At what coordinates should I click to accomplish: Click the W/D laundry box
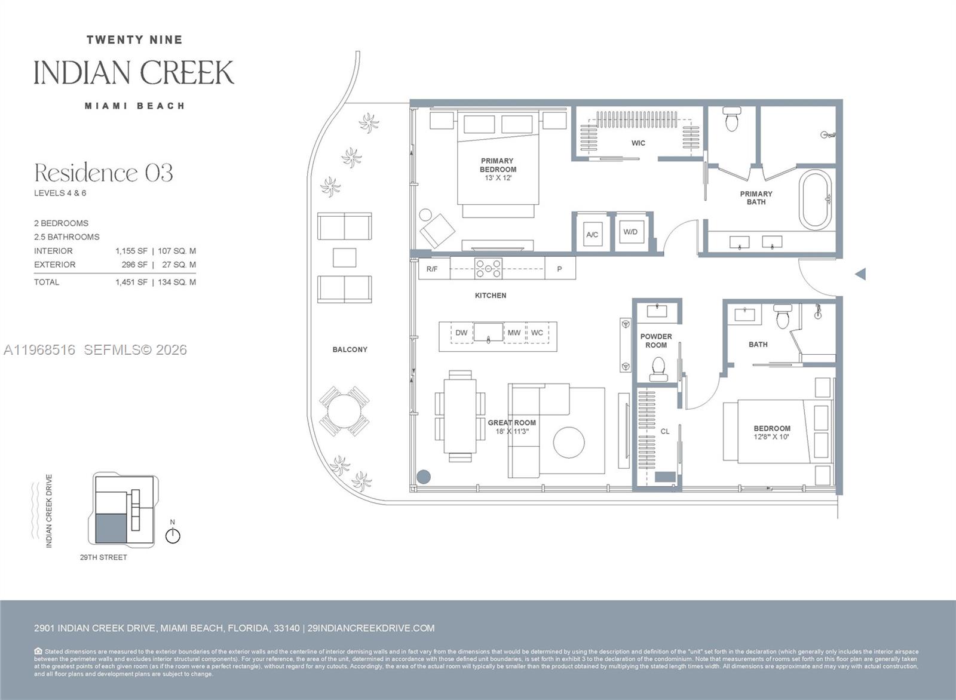630,232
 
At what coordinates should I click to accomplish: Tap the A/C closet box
592,234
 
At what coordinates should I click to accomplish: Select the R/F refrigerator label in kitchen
431,269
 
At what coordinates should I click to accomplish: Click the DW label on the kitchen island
461,333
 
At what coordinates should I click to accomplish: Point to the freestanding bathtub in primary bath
816,200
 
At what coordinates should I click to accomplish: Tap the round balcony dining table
344,411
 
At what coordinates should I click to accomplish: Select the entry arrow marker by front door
860,274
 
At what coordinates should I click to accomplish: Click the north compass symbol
173,535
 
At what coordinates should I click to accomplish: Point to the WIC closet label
638,143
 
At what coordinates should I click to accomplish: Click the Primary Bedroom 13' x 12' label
497,169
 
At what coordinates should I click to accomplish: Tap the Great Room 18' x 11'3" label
512,426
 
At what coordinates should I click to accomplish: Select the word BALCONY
350,349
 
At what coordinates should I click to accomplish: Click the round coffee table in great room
569,443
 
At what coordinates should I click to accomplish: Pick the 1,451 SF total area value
131,282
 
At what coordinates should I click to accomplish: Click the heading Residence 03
103,173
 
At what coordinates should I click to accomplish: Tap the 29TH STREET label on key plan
103,557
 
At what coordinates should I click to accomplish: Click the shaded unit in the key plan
112,528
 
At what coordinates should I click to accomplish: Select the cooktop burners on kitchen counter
488,269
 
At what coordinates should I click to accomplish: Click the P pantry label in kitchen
559,269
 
